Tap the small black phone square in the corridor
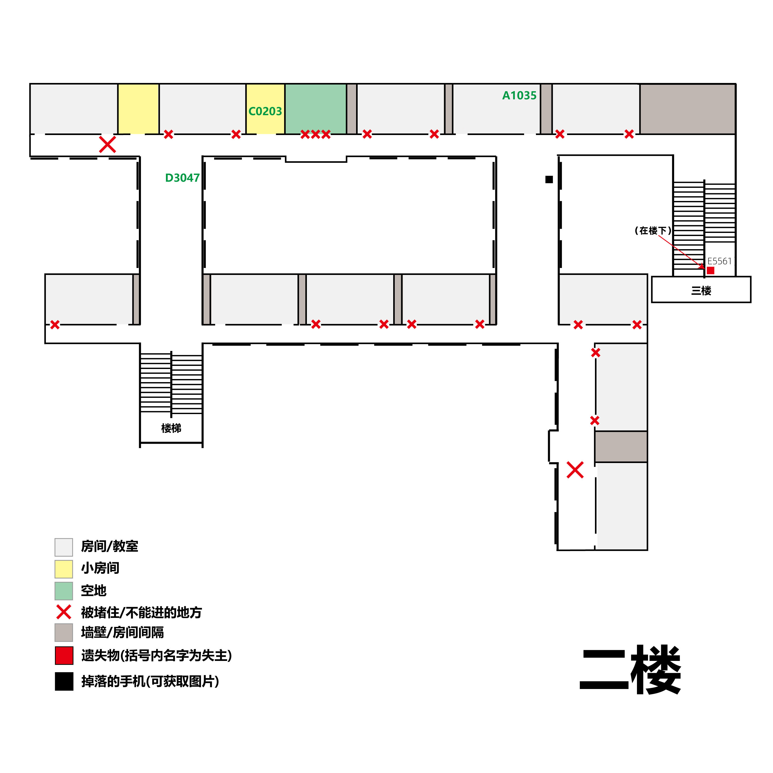549,180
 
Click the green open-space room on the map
315,109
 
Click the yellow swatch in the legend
64,569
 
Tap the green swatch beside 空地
64,591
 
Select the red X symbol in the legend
64,612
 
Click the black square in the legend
64,681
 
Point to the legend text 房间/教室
109,547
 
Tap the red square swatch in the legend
64,655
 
